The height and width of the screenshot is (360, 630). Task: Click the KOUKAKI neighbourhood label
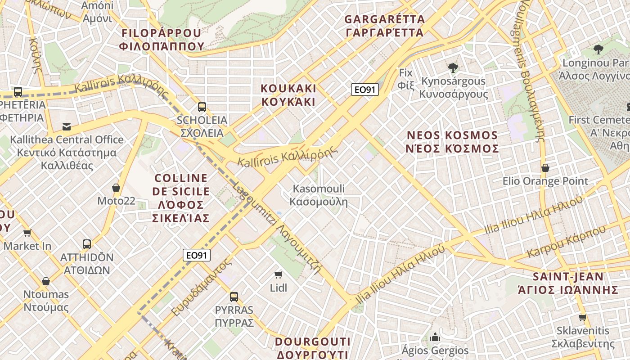tap(288, 94)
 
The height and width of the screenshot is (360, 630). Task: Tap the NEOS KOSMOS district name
tap(453, 142)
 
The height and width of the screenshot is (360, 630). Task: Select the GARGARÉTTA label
tap(384, 26)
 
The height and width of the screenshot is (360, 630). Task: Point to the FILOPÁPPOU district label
tap(162, 39)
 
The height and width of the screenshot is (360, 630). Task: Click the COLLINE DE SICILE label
tap(180, 198)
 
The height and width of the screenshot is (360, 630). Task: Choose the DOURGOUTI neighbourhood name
tap(313, 347)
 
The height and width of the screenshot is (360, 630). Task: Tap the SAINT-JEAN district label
tap(568, 283)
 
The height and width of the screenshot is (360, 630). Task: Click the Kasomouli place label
tap(319, 195)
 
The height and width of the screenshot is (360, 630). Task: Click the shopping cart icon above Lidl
tap(279, 274)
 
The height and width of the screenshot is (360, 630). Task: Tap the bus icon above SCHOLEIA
tap(202, 107)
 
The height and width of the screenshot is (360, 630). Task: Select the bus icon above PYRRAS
tap(234, 297)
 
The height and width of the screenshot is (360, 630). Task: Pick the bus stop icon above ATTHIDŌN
tap(87, 244)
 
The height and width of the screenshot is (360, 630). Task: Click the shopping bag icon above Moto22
tap(116, 188)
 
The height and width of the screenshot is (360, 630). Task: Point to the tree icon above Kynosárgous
tap(453, 68)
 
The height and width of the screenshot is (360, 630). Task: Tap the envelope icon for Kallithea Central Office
tap(67, 127)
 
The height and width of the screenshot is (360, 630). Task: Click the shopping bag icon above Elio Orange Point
tap(545, 168)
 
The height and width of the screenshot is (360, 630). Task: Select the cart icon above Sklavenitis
tap(583, 317)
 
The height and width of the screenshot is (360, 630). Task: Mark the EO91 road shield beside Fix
tap(364, 90)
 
